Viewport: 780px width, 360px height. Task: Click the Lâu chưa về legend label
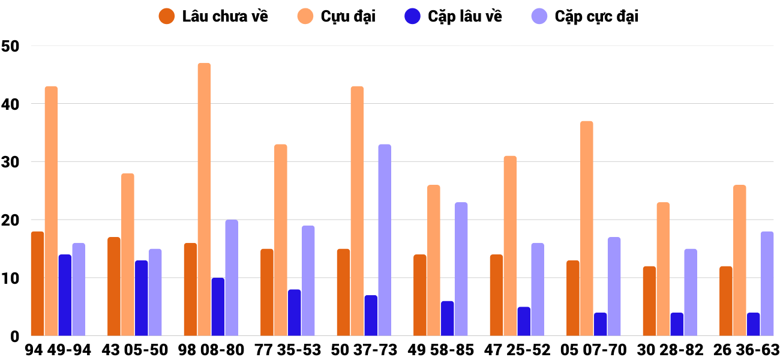[225, 16]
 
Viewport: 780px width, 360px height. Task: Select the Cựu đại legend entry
[348, 16]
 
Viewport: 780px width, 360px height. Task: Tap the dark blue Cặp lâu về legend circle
[412, 16]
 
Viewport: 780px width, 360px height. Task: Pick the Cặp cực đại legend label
[596, 16]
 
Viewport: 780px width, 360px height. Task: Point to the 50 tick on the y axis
[11, 46]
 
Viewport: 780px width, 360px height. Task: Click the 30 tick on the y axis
[11, 163]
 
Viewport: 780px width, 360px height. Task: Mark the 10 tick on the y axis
[11, 278]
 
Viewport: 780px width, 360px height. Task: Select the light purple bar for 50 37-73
[385, 240]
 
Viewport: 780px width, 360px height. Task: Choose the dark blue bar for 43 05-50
[142, 298]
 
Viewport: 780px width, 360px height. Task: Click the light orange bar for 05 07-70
[587, 229]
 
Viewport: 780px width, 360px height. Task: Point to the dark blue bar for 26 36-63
[753, 324]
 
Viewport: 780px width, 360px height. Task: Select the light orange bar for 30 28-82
[663, 269]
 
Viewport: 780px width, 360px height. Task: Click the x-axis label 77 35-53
[287, 350]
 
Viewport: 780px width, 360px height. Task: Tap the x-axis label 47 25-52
[517, 350]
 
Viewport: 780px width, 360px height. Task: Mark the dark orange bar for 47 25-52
[496, 295]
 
